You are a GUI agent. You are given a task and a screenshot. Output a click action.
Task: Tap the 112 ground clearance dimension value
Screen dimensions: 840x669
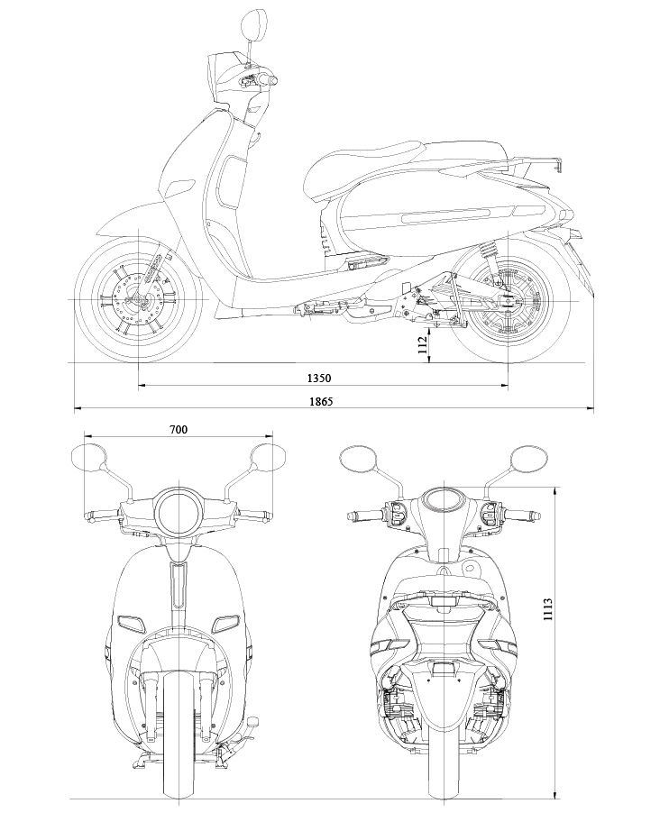pyautogui.click(x=421, y=345)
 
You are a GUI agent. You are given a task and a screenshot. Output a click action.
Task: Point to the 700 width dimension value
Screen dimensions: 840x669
pyautogui.click(x=178, y=430)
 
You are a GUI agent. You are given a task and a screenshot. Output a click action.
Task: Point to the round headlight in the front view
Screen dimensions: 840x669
pyautogui.click(x=179, y=512)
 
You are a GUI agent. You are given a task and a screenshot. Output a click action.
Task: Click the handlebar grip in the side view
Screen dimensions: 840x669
pyautogui.click(x=267, y=81)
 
